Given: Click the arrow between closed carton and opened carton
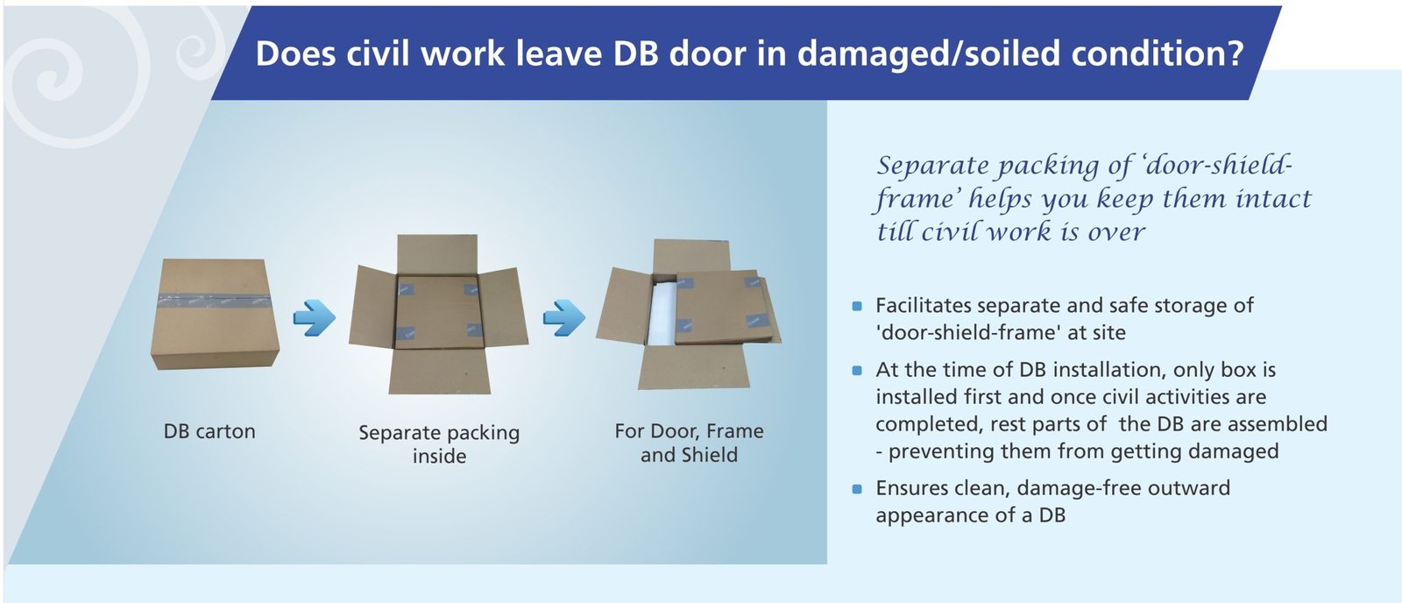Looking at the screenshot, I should point(313,317).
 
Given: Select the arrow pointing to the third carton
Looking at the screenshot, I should point(563,317).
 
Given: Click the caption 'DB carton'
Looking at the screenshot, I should point(209,431).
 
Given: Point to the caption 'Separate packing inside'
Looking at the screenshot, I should point(439,443).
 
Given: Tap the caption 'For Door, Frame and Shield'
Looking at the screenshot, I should point(689,443).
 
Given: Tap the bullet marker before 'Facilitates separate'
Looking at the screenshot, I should point(857,306).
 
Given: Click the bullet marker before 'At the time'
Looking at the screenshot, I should point(857,370).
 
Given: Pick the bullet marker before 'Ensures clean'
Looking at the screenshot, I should point(857,488).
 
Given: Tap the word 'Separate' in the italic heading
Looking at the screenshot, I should point(932,166).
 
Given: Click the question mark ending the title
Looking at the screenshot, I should point(1235,54).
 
